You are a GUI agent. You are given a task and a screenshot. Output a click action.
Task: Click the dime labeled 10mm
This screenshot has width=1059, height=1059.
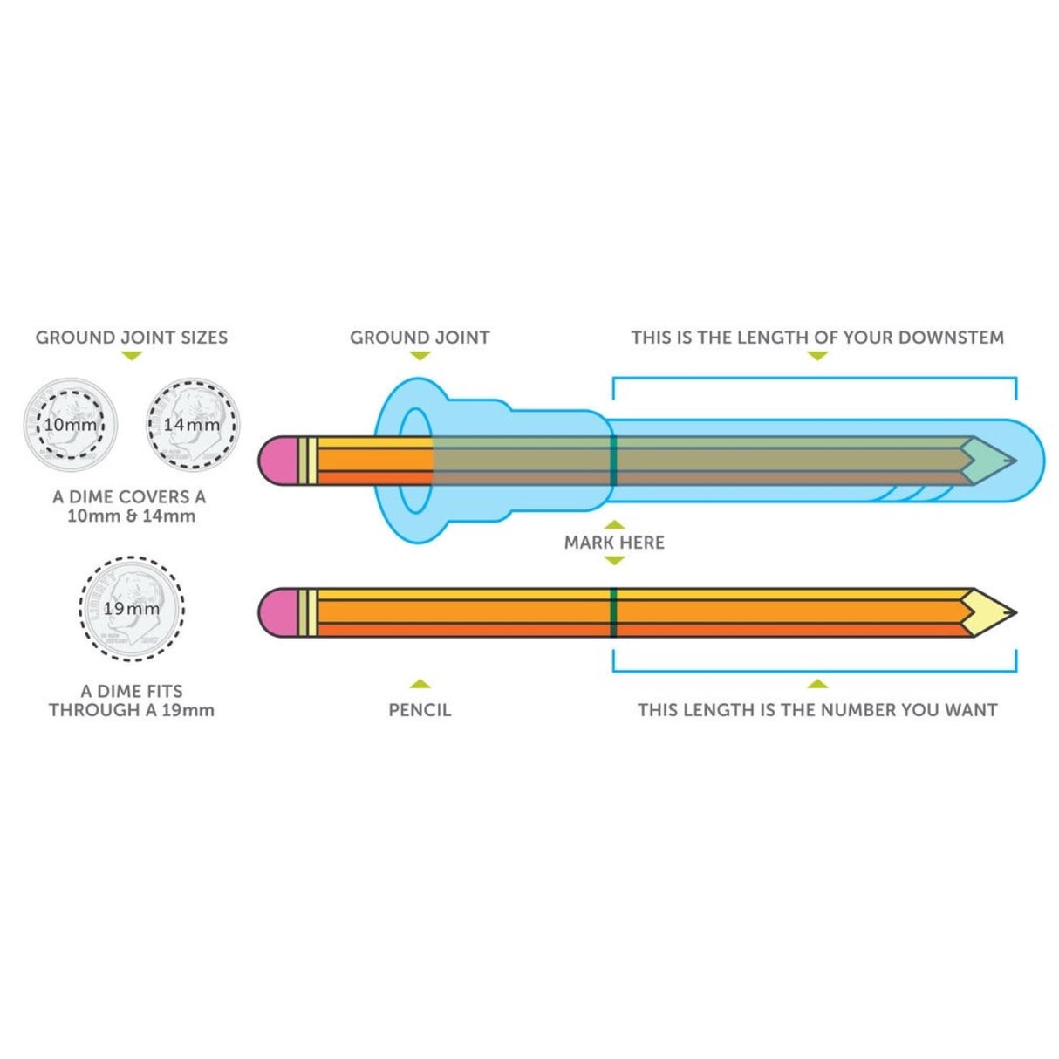70,425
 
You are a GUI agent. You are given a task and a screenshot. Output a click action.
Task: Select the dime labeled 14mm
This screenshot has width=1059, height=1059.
192,425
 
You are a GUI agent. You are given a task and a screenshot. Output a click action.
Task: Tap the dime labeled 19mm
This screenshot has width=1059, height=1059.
132,609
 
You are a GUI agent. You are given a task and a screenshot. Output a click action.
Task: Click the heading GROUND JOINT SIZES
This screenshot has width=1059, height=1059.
131,338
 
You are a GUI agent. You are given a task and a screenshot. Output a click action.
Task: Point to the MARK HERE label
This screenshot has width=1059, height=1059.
614,543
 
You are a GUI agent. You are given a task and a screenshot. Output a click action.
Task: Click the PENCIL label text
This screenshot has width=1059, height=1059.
420,710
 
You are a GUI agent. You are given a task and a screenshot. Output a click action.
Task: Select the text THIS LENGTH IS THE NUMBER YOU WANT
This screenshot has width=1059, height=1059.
817,710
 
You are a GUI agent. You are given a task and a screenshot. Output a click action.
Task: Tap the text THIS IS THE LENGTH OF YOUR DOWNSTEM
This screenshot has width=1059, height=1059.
817,338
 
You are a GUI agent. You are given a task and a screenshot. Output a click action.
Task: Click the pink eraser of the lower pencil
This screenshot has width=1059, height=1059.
278,612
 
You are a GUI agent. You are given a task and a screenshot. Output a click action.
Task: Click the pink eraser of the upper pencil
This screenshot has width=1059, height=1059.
278,460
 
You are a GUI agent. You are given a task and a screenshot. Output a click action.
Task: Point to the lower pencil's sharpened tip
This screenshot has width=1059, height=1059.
994,612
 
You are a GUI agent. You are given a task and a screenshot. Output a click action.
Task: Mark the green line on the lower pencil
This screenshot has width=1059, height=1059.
613,612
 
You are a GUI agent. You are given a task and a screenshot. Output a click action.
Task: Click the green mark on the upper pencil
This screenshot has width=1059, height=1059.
613,460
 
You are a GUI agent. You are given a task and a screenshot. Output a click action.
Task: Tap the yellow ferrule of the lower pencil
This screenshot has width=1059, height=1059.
307,612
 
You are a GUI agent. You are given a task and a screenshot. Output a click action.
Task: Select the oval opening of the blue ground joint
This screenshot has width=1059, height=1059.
416,460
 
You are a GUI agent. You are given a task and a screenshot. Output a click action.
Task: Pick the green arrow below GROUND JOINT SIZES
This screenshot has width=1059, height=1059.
131,356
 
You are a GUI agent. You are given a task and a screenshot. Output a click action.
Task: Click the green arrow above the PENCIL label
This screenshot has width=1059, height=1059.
420,685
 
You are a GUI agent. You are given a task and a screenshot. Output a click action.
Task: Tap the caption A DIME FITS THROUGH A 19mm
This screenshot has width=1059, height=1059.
131,700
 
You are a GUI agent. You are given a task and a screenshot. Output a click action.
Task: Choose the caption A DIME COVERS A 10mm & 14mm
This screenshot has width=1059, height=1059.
129,506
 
